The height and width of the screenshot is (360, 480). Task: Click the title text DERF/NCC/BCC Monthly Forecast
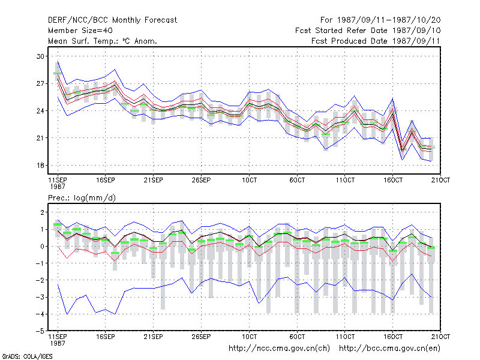tap(112, 20)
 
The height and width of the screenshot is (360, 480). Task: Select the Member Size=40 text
tap(80, 31)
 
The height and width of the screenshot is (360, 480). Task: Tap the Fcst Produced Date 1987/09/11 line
tap(376, 41)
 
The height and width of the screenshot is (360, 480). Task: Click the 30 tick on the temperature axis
tap(40, 56)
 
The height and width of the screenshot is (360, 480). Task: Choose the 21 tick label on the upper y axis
tap(40, 138)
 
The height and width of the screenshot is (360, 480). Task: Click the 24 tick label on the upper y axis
tap(40, 111)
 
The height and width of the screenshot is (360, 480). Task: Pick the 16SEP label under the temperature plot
tap(106, 180)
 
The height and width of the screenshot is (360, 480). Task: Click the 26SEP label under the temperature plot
tap(201, 180)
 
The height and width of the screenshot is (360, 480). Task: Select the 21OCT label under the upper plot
tap(440, 180)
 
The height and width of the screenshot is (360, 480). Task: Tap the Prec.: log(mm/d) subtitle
tap(82, 198)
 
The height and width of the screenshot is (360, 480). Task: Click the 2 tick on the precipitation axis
tap(43, 212)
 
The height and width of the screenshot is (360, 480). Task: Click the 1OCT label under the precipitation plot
tap(249, 337)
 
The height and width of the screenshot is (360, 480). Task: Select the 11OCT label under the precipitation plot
tap(345, 337)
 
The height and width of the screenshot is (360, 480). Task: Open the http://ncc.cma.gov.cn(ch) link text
tap(279, 349)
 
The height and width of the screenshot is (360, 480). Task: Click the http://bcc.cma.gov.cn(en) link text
tap(389, 349)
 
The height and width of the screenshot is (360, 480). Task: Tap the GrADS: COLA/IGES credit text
tap(27, 356)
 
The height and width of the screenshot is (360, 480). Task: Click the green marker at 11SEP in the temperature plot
tap(58, 73)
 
